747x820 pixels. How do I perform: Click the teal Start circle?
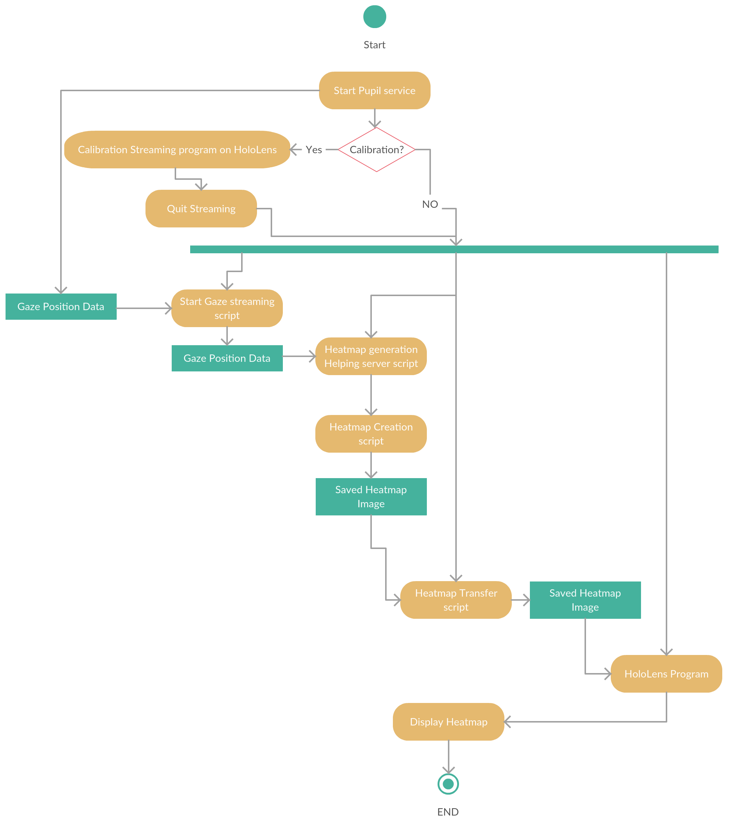[374, 17]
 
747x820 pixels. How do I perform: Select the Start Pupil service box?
[374, 90]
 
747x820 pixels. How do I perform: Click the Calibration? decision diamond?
[376, 150]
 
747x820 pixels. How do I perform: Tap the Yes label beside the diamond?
[314, 150]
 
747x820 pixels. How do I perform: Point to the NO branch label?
[430, 204]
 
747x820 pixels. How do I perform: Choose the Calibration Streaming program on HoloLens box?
[177, 150]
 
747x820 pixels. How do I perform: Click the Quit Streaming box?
[201, 209]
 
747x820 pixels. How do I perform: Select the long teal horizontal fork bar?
[454, 249]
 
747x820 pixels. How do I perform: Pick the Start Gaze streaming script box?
[227, 308]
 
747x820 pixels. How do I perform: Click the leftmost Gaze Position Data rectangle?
[61, 307]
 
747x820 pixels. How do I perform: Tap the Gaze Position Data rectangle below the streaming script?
[227, 358]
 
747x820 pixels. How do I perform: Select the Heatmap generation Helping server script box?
[371, 356]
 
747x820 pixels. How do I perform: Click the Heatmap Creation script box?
[371, 434]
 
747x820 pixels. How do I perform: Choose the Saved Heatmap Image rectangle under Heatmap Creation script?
[371, 497]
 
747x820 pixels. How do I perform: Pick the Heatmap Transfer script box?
[456, 600]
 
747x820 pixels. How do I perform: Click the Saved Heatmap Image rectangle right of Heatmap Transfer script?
[585, 600]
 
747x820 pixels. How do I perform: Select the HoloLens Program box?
[667, 674]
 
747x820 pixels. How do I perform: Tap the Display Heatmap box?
[448, 722]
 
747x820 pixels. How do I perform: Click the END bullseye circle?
[448, 784]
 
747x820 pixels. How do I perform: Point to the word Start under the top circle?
[374, 45]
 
